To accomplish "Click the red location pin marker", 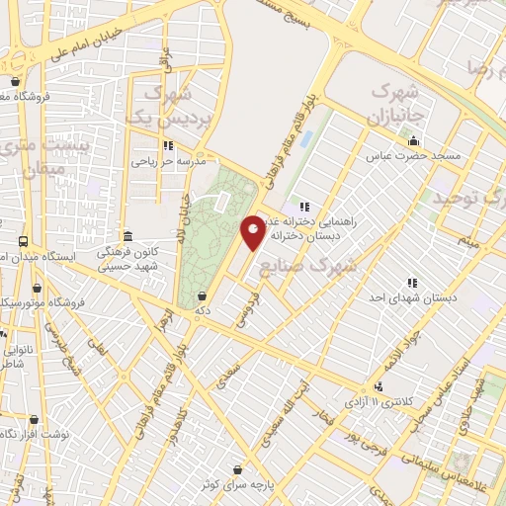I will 254,231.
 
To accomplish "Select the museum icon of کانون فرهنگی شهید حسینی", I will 127,237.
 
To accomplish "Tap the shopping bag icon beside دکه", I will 203,295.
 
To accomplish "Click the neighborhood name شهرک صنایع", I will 302,266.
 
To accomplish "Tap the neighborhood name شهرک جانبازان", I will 394,102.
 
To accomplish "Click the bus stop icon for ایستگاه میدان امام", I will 23,242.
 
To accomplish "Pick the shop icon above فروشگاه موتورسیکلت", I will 37,289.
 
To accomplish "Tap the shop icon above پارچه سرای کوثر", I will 236,470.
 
